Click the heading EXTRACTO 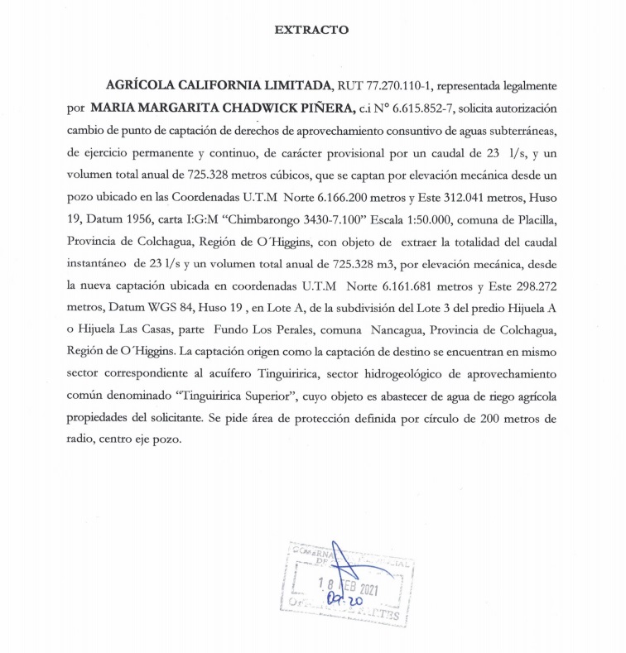311,31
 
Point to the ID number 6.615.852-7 421,108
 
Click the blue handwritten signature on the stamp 346,579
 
